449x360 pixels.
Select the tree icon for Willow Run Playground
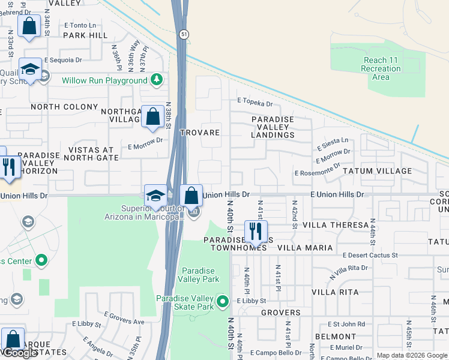point(156,79)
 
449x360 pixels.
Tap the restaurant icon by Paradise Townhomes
point(256,232)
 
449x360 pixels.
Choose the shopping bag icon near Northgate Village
point(152,116)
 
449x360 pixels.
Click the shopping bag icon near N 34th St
point(29,26)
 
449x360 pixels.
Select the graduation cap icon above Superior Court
point(155,195)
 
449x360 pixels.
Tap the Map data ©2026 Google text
point(412,355)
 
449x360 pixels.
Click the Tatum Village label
point(377,171)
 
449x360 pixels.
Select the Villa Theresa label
point(335,225)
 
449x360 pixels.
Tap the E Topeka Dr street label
point(259,103)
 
